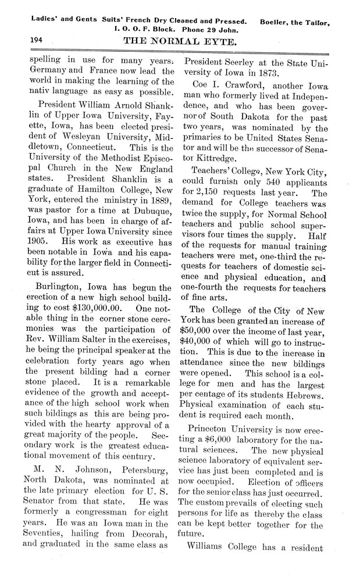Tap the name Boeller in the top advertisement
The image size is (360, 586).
280,23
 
